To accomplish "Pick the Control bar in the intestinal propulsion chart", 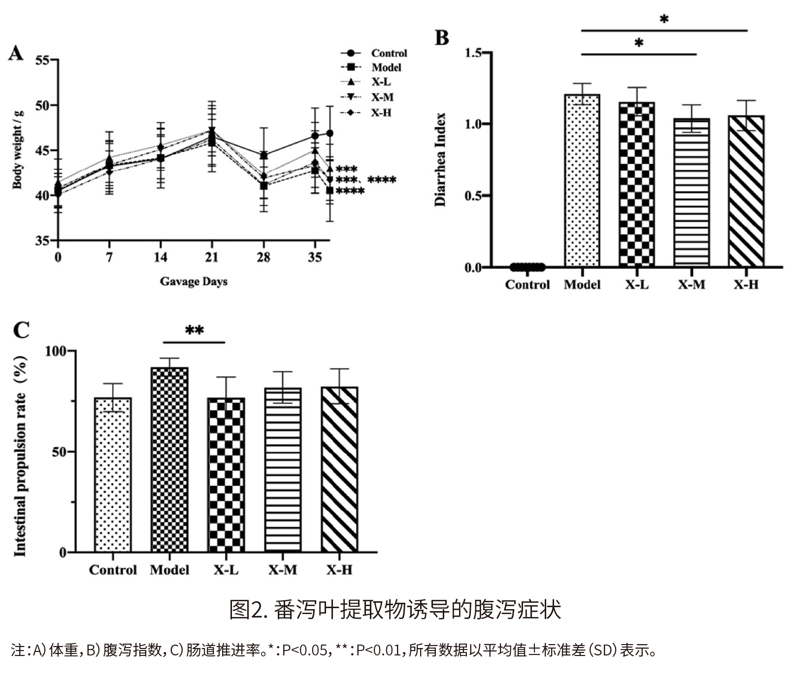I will [x=113, y=475].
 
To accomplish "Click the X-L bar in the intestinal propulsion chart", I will [x=227, y=475].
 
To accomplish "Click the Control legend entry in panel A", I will [x=388, y=53].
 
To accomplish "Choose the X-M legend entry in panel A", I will [x=382, y=97].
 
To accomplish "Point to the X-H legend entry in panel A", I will [x=381, y=112].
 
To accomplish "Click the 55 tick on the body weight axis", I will [x=42, y=61].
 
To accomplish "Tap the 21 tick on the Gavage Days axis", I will [x=212, y=257].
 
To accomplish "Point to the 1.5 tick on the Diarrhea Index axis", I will [x=473, y=53].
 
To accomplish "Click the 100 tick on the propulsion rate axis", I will [x=55, y=351].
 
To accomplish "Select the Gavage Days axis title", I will [x=194, y=282].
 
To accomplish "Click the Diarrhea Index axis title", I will [x=440, y=160].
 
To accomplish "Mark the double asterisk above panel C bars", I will [x=194, y=330].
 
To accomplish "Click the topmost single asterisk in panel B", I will [x=664, y=20].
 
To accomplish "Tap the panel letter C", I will [x=21, y=330].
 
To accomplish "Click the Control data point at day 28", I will [x=263, y=156].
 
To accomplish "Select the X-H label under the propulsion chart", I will [x=339, y=570].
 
